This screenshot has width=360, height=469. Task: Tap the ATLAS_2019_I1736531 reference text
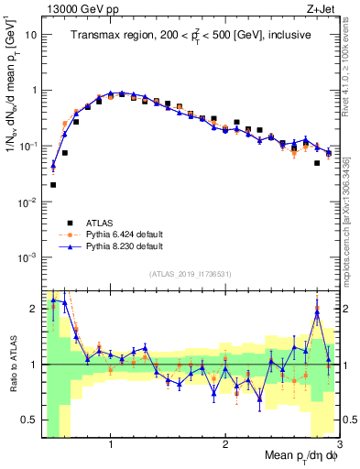(x=191, y=274)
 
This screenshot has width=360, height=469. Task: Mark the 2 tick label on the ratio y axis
(x=35, y=309)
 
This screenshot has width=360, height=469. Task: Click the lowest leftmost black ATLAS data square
(x=53, y=184)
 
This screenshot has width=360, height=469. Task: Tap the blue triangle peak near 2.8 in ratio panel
(x=317, y=311)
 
